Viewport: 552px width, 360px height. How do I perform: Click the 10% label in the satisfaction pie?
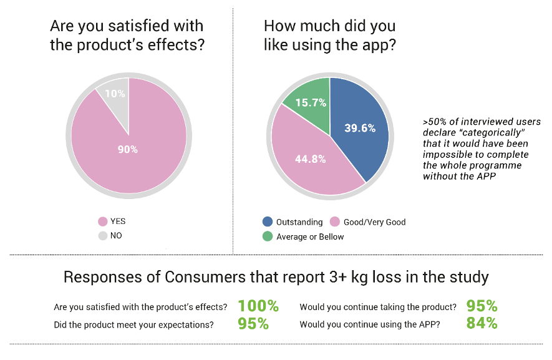pyautogui.click(x=115, y=94)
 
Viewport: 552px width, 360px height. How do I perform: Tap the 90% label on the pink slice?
pyautogui.click(x=128, y=150)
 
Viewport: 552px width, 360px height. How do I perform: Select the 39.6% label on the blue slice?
pyautogui.click(x=360, y=128)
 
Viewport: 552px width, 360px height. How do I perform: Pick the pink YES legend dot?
pyautogui.click(x=102, y=221)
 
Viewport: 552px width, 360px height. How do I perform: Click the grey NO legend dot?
pyautogui.click(x=102, y=236)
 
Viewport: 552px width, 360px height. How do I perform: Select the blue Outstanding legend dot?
pyautogui.click(x=267, y=222)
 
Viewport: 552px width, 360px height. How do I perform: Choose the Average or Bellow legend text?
pyautogui.click(x=309, y=236)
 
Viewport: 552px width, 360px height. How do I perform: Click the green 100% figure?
pyautogui.click(x=258, y=306)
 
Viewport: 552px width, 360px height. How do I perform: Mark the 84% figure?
pyautogui.click(x=482, y=324)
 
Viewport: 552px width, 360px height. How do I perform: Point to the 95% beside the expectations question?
pyautogui.click(x=253, y=324)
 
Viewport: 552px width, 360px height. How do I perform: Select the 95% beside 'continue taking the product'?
pyautogui.click(x=482, y=306)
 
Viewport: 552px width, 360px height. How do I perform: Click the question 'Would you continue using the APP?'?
pyautogui.click(x=370, y=324)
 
